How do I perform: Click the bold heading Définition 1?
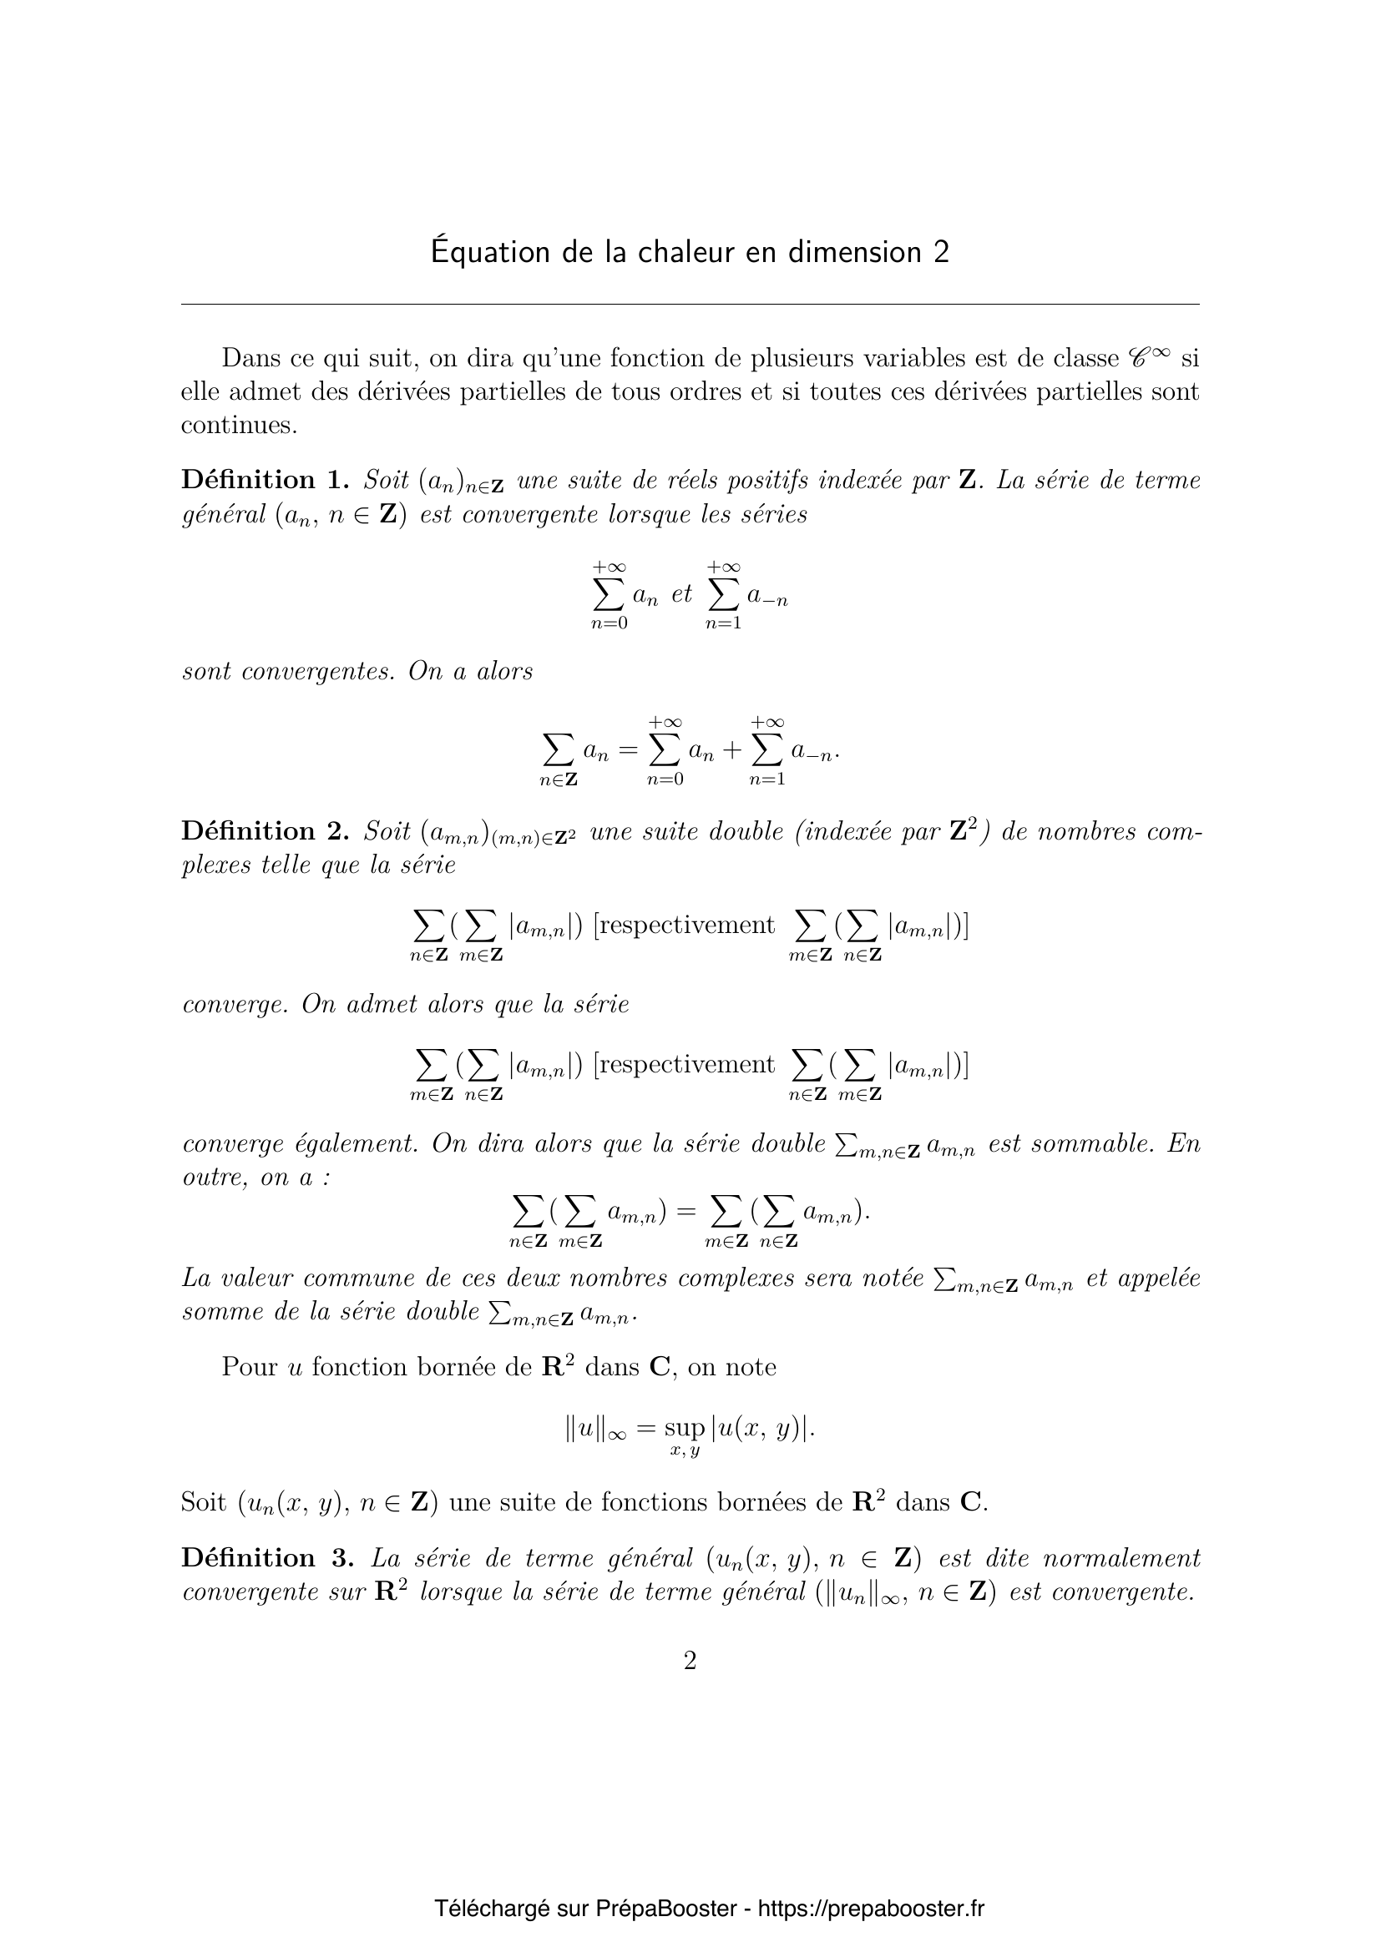[265, 481]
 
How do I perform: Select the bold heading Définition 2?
[265, 830]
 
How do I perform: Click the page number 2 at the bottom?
[690, 1661]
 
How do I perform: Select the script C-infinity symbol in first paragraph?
[1148, 357]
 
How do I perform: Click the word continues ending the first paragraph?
[238, 425]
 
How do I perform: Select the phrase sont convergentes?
[288, 672]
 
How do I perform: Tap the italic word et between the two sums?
[682, 593]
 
